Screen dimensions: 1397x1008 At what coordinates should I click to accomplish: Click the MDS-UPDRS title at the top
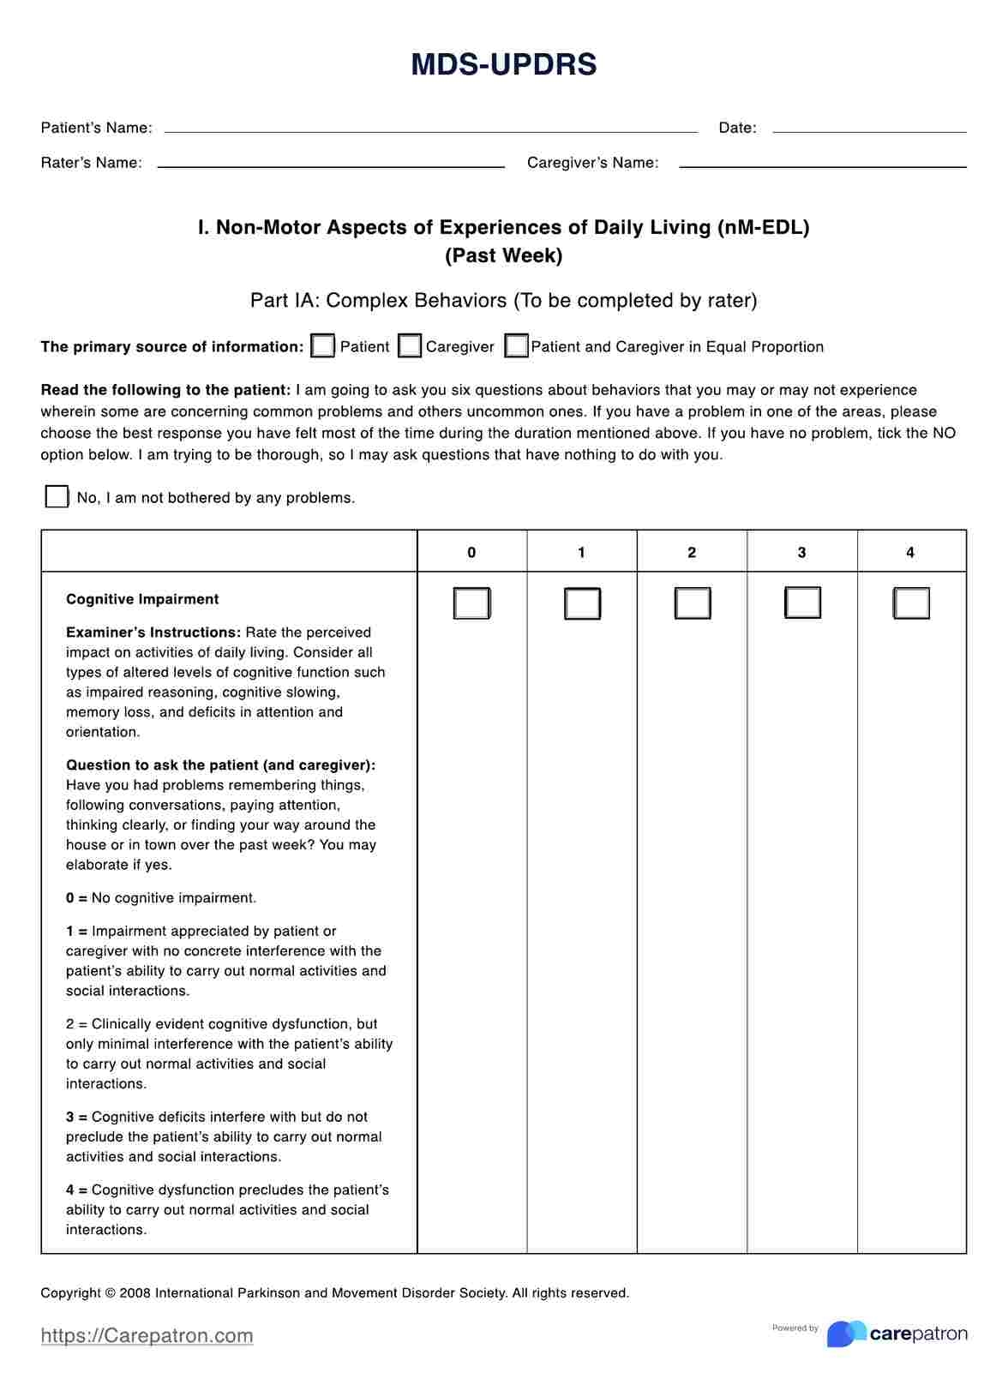tap(504, 65)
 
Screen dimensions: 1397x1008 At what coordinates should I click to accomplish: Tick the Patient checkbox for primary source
tap(323, 346)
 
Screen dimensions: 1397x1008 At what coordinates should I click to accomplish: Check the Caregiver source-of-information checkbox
tap(410, 346)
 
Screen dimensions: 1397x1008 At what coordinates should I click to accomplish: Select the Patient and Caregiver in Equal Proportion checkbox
tap(516, 346)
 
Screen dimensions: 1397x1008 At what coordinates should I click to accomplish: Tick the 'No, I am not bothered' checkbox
tap(57, 497)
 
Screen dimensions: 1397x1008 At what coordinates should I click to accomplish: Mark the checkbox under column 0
tap(471, 603)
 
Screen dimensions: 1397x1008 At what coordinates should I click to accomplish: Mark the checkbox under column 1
tap(582, 603)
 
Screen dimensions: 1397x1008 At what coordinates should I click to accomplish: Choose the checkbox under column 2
tap(692, 603)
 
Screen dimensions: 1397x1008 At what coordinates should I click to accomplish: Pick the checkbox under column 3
tap(802, 603)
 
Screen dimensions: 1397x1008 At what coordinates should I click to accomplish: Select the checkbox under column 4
tap(911, 603)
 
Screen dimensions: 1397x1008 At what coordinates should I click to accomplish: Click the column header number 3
tap(801, 553)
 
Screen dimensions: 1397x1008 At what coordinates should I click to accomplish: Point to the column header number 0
tap(471, 553)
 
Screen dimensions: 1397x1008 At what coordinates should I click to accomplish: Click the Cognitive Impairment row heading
tap(142, 599)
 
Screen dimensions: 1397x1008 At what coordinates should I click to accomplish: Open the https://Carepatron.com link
tap(147, 1335)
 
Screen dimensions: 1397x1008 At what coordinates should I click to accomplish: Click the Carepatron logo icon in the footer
tap(846, 1334)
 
